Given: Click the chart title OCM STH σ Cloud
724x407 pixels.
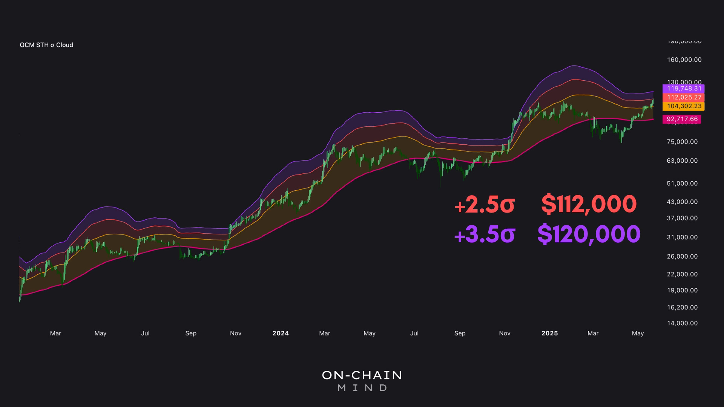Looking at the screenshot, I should coord(46,45).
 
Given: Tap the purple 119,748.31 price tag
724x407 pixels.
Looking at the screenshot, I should coord(684,89).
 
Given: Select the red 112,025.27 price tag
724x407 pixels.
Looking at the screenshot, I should coord(684,97).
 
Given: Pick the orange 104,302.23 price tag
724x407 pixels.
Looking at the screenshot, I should coord(684,106).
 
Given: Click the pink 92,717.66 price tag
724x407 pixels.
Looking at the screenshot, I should coord(682,119).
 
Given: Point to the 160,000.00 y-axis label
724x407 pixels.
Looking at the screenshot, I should coord(684,60).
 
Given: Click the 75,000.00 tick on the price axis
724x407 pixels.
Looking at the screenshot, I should coord(682,142).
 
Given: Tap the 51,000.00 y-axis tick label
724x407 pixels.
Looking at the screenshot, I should coord(682,184).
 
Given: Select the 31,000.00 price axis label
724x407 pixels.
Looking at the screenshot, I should coord(682,237).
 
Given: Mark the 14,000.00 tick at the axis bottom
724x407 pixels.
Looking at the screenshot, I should coord(682,323).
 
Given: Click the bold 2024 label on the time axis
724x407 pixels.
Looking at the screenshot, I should coord(281,333).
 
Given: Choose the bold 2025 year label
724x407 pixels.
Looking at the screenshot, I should coord(549,333).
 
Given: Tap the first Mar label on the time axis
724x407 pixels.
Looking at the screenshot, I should coord(55,333).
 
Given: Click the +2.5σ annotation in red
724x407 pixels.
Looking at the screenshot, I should coord(485,205).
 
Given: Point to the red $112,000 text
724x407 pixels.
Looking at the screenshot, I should coord(589,204).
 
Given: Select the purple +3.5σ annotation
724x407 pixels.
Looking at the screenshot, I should coord(485,234).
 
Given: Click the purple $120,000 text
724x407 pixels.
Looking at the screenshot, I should coord(589,234).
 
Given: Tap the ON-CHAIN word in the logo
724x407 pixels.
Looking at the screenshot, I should coord(362,375).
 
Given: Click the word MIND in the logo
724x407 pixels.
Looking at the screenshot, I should coord(362,388).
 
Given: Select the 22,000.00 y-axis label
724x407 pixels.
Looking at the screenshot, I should coord(682,274).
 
